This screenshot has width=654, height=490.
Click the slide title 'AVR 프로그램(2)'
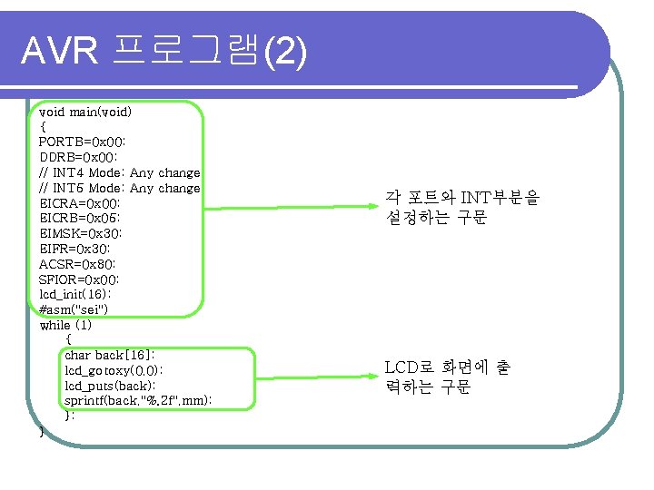(164, 53)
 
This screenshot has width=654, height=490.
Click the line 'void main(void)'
(85, 112)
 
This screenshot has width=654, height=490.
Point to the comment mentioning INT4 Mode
(120, 172)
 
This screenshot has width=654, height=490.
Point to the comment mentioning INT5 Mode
(120, 188)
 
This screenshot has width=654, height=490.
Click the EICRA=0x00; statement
(80, 203)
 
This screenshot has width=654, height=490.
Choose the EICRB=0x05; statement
(80, 218)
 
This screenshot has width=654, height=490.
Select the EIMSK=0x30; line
(80, 233)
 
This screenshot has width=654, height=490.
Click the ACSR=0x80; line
(77, 264)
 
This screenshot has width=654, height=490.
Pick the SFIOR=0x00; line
(80, 279)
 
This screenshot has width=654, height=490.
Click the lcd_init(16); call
(75, 294)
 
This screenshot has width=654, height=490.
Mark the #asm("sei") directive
(74, 309)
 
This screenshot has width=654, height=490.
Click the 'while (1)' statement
(65, 325)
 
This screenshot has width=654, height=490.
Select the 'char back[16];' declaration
(110, 355)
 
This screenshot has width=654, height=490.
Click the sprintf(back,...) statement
(139, 400)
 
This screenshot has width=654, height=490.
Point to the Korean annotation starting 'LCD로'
(447, 377)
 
